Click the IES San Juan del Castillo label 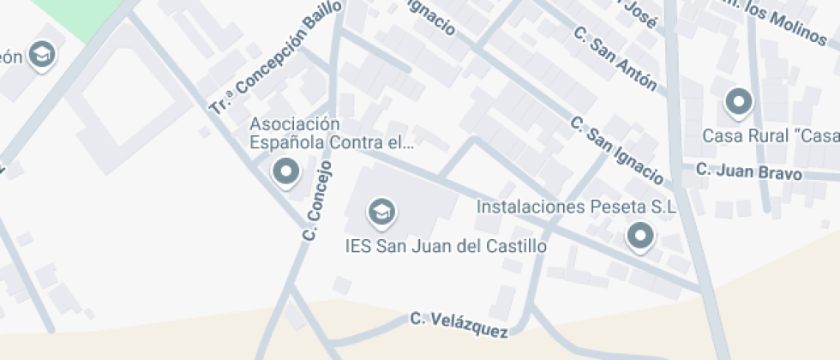[445, 245]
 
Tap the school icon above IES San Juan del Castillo [380, 211]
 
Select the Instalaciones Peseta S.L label [576, 207]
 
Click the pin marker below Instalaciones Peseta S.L [639, 236]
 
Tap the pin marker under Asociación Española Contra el [285, 172]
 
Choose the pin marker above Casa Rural [737, 103]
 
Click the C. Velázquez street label [459, 324]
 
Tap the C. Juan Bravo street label [748, 171]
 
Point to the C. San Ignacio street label [617, 151]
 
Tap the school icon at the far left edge [40, 56]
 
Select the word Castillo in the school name [511, 245]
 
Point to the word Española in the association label [289, 142]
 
